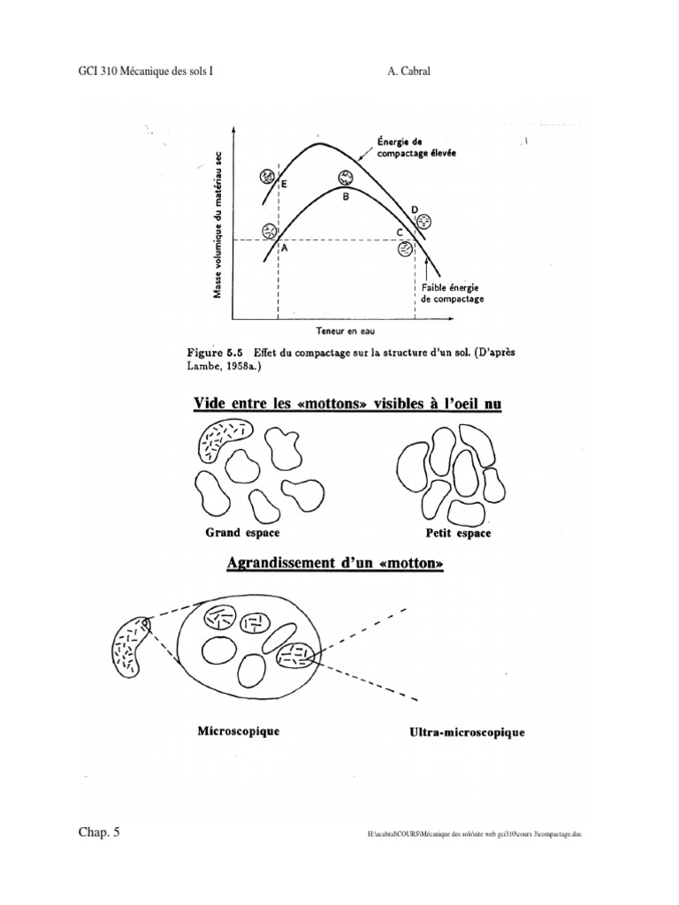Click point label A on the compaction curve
285,250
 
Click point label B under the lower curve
347,198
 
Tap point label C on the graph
400,232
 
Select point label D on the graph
415,209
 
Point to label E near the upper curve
284,185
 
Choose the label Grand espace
242,533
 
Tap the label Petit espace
459,534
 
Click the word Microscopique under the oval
238,731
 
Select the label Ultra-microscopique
467,733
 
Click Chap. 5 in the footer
98,833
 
